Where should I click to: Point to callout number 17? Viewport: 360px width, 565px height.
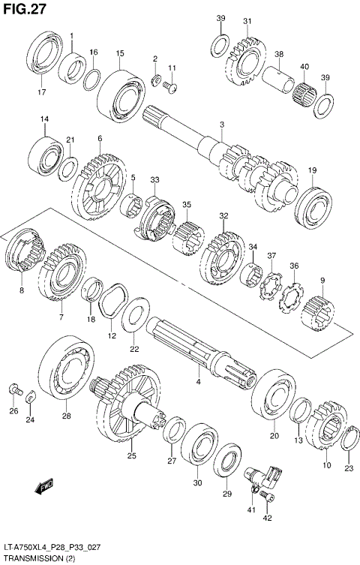point(41,92)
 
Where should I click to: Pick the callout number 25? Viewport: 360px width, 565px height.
point(132,455)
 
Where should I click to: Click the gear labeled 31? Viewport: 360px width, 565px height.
point(243,59)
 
